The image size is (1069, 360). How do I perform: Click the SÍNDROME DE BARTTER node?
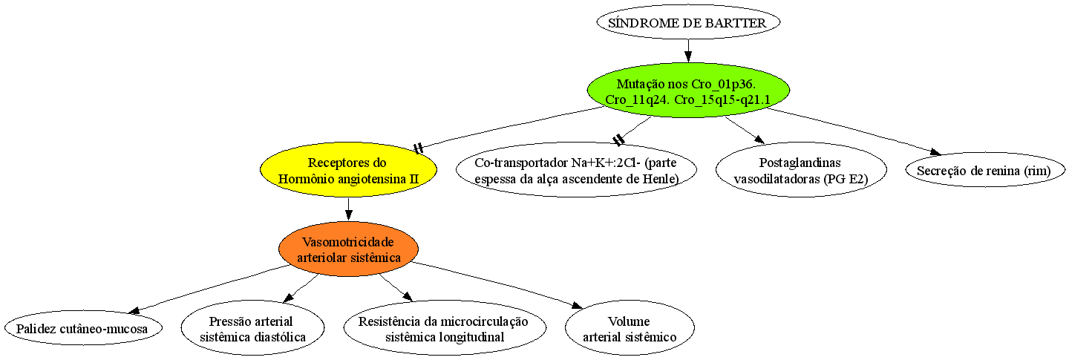(x=688, y=22)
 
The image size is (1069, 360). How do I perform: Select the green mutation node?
(x=688, y=91)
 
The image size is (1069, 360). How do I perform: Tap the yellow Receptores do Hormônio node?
(x=348, y=169)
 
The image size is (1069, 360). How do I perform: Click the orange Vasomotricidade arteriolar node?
(x=348, y=249)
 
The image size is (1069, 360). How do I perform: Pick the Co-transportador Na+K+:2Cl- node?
(x=577, y=169)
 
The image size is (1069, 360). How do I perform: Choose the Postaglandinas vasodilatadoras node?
(x=801, y=169)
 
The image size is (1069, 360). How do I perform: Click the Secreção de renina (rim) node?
(x=985, y=170)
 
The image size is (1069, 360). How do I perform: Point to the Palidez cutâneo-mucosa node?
(x=83, y=329)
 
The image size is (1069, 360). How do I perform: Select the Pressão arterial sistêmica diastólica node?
(x=252, y=328)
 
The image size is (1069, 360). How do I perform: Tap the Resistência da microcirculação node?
(x=445, y=328)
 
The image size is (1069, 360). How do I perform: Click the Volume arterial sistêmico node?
(x=630, y=328)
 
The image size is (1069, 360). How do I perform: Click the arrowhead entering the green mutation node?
(x=688, y=56)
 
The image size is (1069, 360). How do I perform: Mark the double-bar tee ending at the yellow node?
(x=419, y=148)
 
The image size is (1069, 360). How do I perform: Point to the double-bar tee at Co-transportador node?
(x=618, y=140)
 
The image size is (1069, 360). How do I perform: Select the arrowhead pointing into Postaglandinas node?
(x=759, y=139)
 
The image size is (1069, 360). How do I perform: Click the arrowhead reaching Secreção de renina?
(x=935, y=152)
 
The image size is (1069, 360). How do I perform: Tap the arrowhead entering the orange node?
(x=348, y=215)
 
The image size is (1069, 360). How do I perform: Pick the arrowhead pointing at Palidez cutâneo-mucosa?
(x=135, y=310)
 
